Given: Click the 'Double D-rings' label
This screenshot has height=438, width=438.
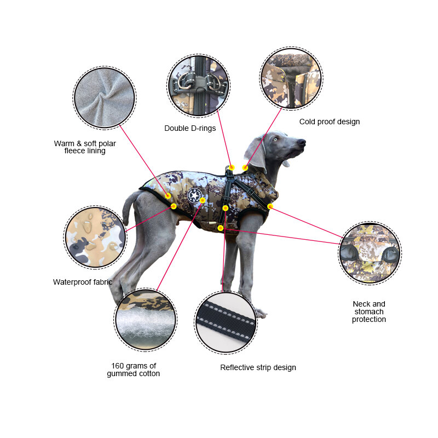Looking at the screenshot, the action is click(x=190, y=128).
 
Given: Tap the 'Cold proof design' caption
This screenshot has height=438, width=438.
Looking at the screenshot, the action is click(x=330, y=122).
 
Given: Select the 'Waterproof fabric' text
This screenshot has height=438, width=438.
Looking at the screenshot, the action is click(x=83, y=282).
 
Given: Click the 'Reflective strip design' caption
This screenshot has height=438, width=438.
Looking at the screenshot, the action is click(x=258, y=367).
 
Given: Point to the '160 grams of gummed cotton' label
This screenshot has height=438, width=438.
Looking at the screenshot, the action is click(x=133, y=370).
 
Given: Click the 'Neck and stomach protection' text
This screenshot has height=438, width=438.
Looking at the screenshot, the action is click(x=368, y=312).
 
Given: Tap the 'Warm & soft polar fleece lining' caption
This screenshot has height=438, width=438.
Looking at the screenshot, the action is click(x=85, y=147).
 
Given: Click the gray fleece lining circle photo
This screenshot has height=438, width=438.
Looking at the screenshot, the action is click(x=105, y=97).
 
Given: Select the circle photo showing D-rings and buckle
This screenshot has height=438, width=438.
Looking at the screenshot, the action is click(x=198, y=85).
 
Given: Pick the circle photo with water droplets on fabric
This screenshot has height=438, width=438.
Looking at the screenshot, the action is click(x=95, y=237).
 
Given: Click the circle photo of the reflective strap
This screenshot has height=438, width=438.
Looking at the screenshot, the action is click(x=226, y=322).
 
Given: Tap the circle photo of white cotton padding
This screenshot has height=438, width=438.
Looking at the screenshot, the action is click(x=145, y=319).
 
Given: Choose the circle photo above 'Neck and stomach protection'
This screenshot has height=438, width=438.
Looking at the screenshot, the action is click(x=370, y=253).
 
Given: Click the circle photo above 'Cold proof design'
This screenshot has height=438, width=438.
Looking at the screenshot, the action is click(x=291, y=78).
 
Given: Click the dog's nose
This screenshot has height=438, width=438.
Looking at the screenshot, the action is click(x=302, y=142).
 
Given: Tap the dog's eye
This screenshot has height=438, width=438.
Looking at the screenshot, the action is click(x=276, y=139).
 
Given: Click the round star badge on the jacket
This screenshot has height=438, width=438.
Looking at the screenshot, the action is click(x=194, y=195).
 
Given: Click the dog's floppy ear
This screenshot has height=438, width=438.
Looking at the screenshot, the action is click(x=255, y=154).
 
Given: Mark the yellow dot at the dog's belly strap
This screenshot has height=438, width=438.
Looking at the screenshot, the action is click(x=221, y=228).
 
